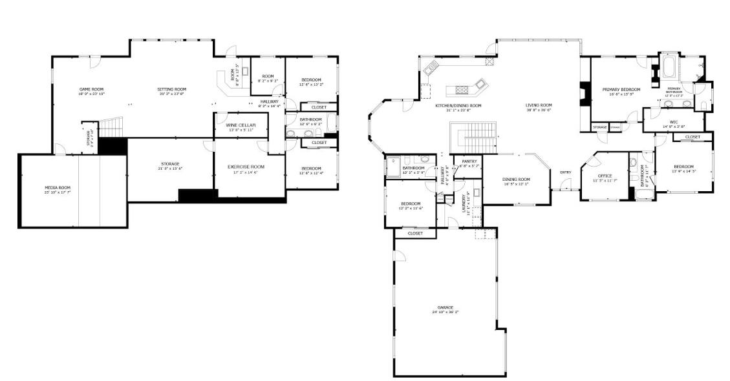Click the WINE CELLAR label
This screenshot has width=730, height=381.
[241, 125]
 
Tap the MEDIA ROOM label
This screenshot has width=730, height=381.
[58, 187]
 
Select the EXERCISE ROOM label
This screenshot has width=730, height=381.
[246, 167]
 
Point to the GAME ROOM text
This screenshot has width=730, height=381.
[91, 89]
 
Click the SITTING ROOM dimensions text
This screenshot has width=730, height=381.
[172, 94]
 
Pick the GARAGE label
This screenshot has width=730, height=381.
[445, 307]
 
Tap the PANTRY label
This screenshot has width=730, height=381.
[469, 161]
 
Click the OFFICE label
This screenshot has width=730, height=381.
[605, 176]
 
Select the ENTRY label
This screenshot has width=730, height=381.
[565, 172]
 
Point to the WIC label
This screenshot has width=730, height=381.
[674, 121]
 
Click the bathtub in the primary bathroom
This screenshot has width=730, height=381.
[669, 66]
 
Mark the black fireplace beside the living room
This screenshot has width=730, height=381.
[585, 93]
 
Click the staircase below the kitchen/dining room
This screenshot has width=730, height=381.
[475, 138]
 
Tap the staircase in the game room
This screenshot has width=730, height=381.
[113, 125]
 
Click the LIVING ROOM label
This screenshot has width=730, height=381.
[538, 105]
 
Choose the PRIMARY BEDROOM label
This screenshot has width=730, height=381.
[621, 89]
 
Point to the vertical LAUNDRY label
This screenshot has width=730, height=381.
[464, 203]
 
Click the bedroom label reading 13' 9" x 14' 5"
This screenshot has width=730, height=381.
[683, 171]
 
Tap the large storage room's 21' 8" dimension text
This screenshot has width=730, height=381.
[170, 169]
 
